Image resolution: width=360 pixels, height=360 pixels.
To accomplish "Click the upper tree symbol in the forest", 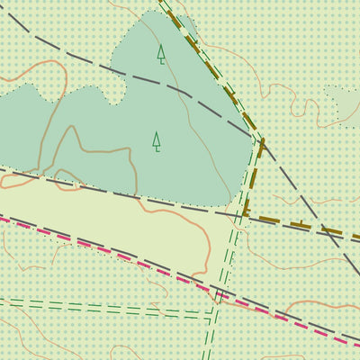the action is (x=161, y=54).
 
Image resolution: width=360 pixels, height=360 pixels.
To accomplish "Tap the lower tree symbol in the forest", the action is (x=157, y=141).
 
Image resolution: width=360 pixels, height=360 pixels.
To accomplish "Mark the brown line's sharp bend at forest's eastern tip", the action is (x=262, y=140).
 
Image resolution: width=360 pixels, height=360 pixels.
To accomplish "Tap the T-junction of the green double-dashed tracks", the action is (x=212, y=315).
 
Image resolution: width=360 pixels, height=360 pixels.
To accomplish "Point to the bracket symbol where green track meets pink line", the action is (x=219, y=294).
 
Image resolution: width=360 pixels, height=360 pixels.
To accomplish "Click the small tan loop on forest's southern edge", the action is (x=65, y=175).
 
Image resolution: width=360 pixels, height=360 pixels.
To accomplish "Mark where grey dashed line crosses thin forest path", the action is (x=186, y=94).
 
